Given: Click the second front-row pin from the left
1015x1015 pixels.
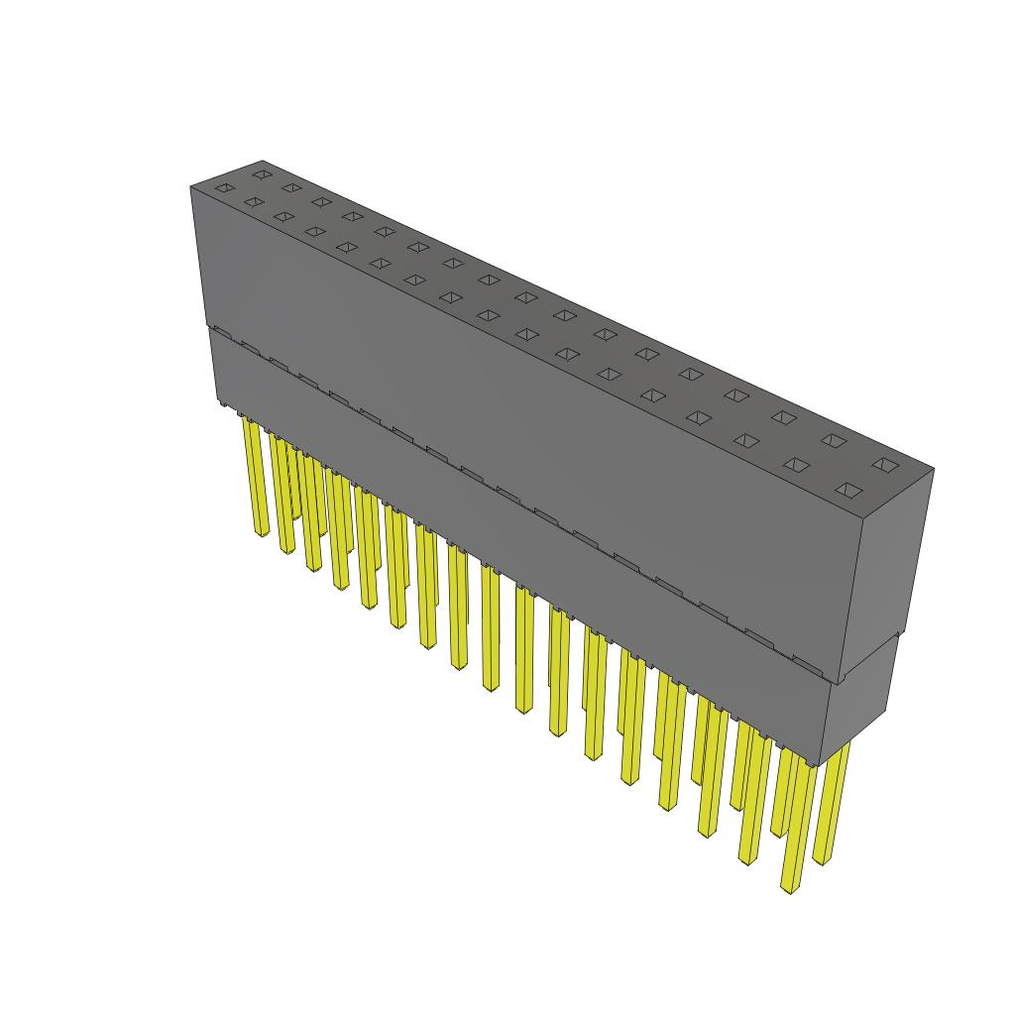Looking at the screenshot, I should click(284, 496).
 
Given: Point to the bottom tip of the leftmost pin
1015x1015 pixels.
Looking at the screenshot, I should click(263, 534).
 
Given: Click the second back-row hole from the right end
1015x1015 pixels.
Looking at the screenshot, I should click(833, 440).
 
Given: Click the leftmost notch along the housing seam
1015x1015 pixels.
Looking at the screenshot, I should click(221, 333).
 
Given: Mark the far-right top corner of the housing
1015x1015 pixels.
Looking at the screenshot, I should click(933, 470).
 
